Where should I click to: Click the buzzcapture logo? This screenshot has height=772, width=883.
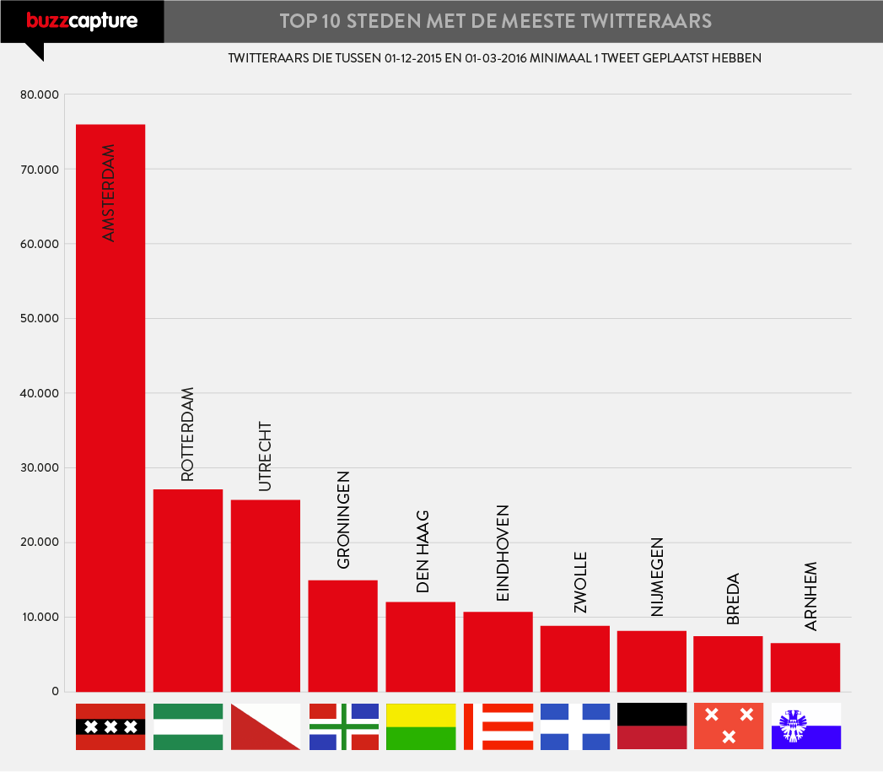[x=81, y=21]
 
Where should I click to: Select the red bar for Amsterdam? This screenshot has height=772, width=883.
[x=110, y=422]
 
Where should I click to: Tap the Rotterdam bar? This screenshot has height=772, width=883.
[x=187, y=591]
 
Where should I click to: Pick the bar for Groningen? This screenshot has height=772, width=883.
[x=342, y=636]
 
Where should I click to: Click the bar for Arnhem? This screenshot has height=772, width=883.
[x=805, y=667]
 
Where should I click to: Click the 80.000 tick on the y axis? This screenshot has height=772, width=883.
[x=40, y=94]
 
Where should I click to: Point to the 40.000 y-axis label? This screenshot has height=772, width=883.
[x=40, y=393]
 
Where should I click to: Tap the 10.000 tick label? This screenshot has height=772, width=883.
[x=40, y=617]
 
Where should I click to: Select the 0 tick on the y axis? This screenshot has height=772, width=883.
[x=55, y=692]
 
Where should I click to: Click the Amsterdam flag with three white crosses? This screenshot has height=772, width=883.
[x=110, y=726]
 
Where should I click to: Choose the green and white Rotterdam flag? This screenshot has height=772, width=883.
[x=187, y=726]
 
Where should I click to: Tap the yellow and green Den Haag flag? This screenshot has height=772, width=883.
[x=420, y=726]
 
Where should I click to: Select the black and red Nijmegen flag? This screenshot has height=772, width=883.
[x=652, y=726]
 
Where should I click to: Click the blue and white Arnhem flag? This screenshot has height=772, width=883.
[x=805, y=726]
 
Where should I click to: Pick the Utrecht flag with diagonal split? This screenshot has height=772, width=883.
[x=265, y=726]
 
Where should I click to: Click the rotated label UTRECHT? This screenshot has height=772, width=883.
[x=265, y=456]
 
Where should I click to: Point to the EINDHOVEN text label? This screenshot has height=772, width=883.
[x=503, y=553]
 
